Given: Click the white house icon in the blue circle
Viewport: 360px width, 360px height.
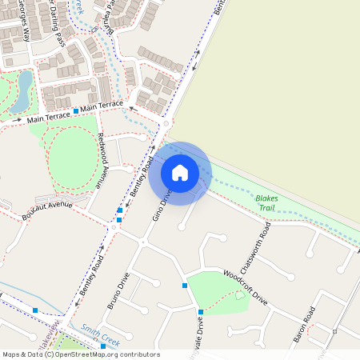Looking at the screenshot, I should click(180, 172).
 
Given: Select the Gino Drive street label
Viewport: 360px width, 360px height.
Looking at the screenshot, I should click(162, 205).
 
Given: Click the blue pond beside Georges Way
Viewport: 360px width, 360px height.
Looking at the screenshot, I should click(25, 81).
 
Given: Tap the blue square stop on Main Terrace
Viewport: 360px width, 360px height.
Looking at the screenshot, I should click(76, 110).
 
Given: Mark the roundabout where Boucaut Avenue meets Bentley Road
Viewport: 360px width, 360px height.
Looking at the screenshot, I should click(114, 226).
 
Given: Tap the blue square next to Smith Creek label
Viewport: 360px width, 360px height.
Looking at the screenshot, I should click(103, 346).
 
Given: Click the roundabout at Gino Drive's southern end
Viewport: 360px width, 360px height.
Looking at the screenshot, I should click(142, 242).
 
